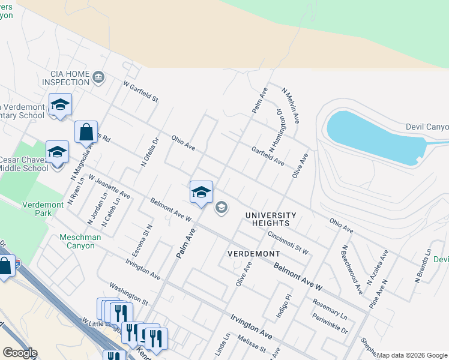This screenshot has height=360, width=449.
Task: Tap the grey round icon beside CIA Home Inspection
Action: coord(98,78)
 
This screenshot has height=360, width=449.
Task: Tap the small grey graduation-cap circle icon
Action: coord(221,208)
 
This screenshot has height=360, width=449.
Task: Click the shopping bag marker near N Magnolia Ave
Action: coord(86,131)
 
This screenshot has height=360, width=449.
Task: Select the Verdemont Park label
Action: coord(44,209)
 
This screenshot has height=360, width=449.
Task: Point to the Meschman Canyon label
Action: coord(80,241)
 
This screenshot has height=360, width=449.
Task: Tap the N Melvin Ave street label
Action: coord(291,106)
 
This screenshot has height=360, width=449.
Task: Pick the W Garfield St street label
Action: coord(140,91)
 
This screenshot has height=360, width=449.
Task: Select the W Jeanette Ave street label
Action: coord(109,186)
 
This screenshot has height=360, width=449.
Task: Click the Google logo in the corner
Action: coord(20,353)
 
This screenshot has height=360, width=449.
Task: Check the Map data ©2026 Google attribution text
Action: coord(412,355)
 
